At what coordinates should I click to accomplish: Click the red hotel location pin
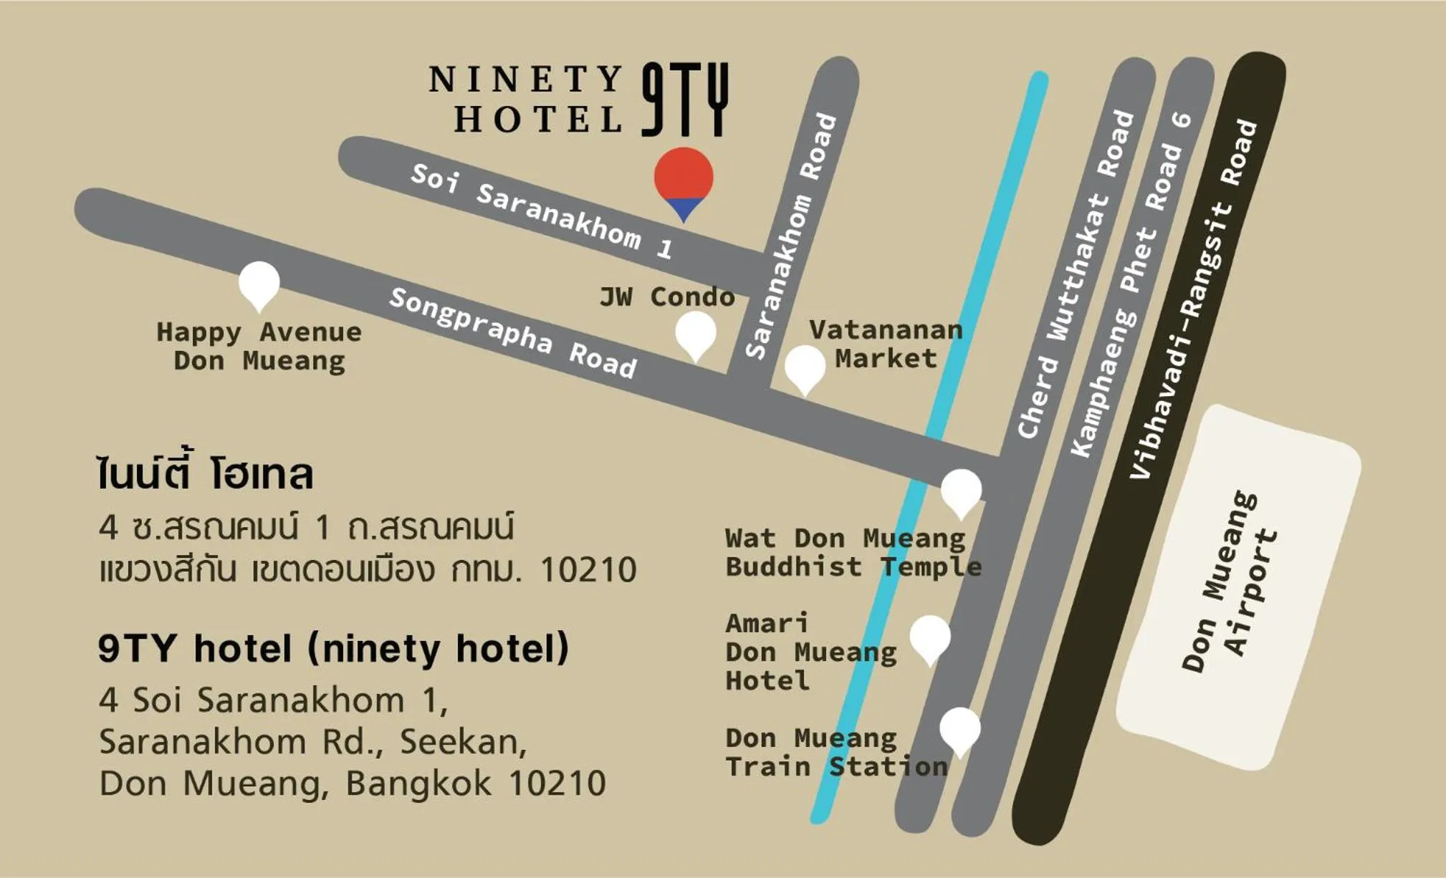pyautogui.click(x=684, y=179)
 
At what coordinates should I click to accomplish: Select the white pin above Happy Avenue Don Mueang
pyautogui.click(x=259, y=282)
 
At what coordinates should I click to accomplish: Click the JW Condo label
pyautogui.click(x=667, y=296)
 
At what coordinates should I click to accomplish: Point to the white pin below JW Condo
pyautogui.click(x=695, y=334)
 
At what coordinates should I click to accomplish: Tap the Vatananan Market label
pyautogui.click(x=886, y=344)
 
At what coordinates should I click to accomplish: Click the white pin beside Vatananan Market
pyautogui.click(x=805, y=367)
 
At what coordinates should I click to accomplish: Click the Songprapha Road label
pyautogui.click(x=512, y=332)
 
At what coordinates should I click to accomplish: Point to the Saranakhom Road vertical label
pyautogui.click(x=791, y=236)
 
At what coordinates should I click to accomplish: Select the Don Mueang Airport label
pyautogui.click(x=1230, y=582)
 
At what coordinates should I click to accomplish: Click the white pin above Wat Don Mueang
pyautogui.click(x=961, y=491)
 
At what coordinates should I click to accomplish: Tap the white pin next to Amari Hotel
pyautogui.click(x=930, y=637)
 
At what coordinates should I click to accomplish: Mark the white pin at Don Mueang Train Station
pyautogui.click(x=959, y=729)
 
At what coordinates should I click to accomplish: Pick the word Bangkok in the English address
pyautogui.click(x=418, y=783)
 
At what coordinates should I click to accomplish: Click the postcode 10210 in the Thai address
pyautogui.click(x=588, y=570)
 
